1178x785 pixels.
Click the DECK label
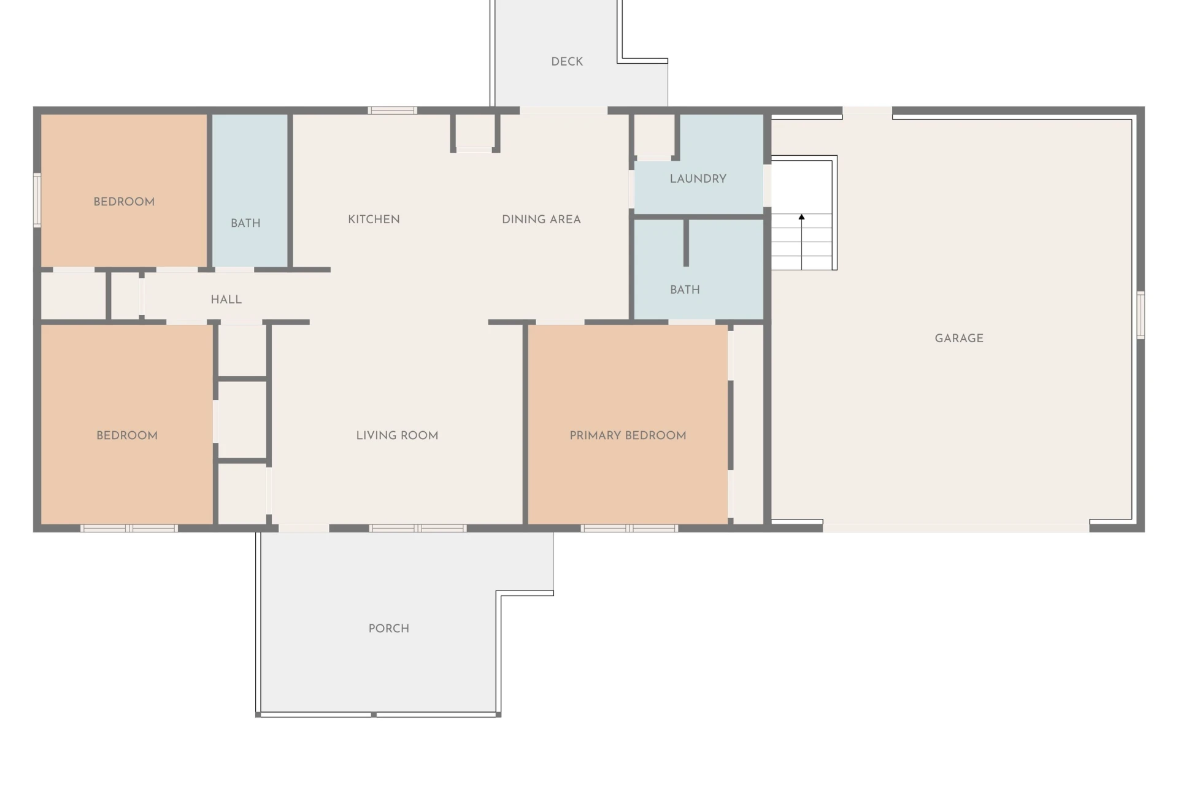click(567, 61)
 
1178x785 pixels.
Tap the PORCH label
click(388, 628)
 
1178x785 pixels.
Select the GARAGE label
click(959, 338)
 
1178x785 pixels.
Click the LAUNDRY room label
click(698, 178)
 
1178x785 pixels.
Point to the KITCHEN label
click(374, 219)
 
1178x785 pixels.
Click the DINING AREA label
click(541, 219)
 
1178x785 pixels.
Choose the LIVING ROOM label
click(397, 435)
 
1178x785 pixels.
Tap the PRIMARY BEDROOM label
click(628, 435)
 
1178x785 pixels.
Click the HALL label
click(226, 299)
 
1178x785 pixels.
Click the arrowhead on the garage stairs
click(801, 216)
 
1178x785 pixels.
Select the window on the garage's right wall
click(1141, 315)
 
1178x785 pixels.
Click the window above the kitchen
click(393, 110)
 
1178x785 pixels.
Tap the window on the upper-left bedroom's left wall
click(37, 200)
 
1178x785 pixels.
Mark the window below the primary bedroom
click(629, 528)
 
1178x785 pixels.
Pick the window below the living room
click(418, 528)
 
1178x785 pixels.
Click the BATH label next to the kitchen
click(245, 223)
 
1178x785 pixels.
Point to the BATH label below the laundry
click(685, 289)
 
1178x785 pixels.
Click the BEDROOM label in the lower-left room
click(127, 435)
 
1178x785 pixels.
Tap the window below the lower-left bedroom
click(129, 528)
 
